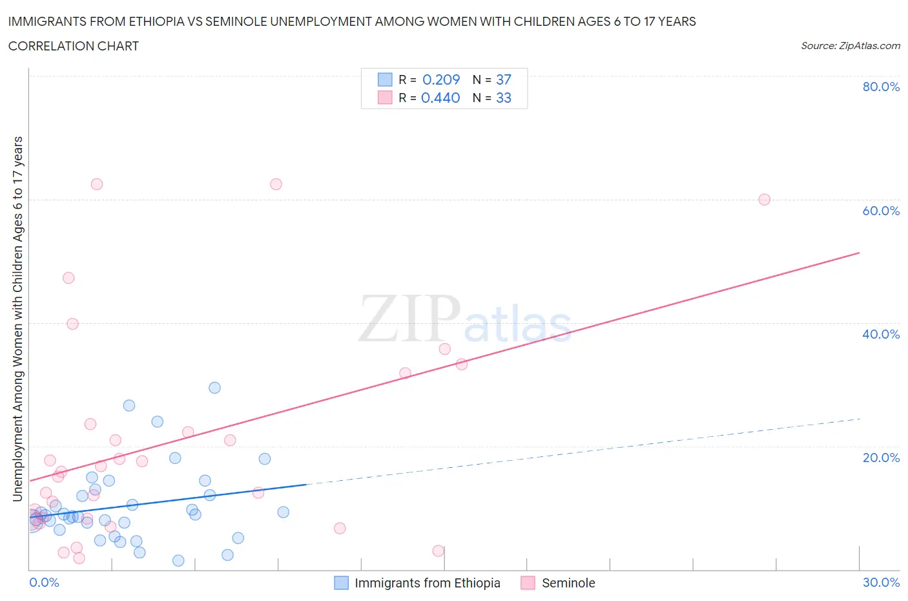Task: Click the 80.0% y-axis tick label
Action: point(881,87)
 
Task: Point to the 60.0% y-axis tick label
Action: point(881,211)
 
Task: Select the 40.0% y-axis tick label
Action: point(881,334)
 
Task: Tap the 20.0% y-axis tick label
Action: point(881,458)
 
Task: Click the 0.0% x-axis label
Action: point(44,582)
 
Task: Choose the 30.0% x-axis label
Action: point(881,582)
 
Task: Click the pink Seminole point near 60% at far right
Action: point(764,200)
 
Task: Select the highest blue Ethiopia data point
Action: point(214,388)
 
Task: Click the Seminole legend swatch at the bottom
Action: point(528,583)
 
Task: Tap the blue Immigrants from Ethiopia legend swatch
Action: point(341,583)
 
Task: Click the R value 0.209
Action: point(441,79)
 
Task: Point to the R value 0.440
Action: point(440,98)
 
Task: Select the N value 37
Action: point(504,79)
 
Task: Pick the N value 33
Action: point(504,98)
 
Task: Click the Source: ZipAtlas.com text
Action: point(850,46)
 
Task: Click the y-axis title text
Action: point(17,319)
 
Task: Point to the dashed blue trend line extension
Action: point(581,452)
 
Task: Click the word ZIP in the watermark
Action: point(409,319)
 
